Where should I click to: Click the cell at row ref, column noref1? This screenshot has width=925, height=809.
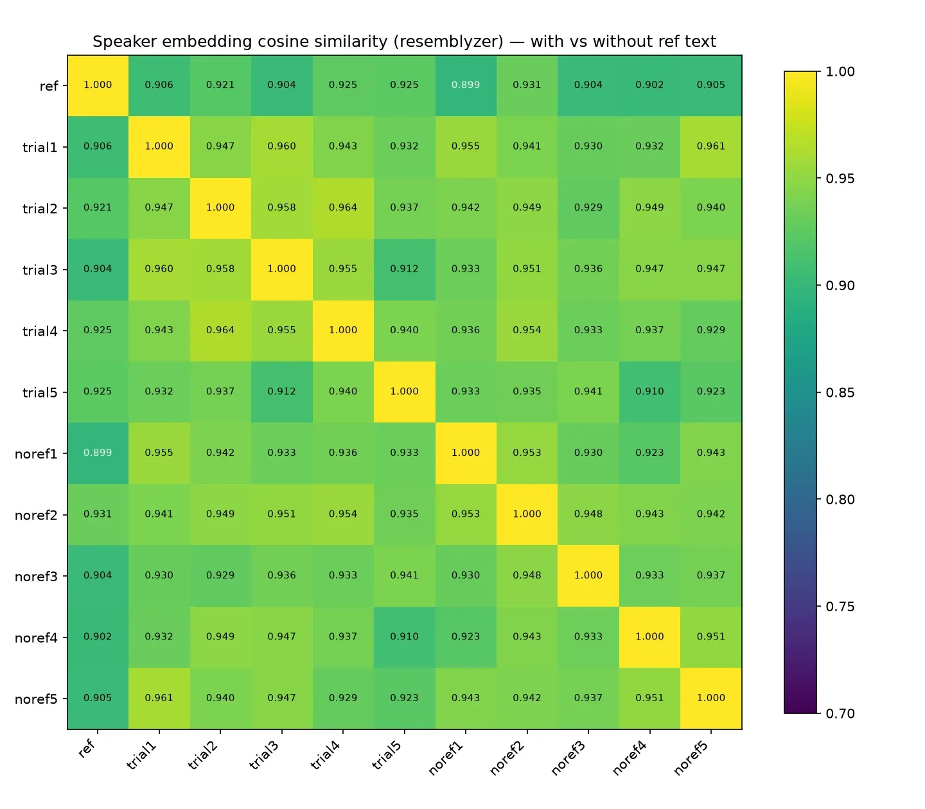[466, 85]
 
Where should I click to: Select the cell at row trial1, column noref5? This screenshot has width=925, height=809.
[710, 146]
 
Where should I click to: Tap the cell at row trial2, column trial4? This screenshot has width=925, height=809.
[343, 208]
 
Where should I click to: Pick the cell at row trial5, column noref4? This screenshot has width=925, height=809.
[649, 392]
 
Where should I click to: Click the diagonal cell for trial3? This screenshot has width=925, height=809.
[281, 269]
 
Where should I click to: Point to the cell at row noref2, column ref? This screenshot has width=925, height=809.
[98, 514]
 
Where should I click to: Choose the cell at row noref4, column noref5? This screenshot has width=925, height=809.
[710, 637]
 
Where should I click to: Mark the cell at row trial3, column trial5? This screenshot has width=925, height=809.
[405, 269]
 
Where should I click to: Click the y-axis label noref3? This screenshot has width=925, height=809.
[36, 576]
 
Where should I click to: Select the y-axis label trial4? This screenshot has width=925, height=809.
[40, 331]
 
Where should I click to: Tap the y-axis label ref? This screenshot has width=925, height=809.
[49, 86]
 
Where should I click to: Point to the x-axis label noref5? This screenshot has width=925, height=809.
[691, 758]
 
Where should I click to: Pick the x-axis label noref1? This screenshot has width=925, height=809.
[446, 758]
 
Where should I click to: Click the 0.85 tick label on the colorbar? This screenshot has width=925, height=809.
[840, 392]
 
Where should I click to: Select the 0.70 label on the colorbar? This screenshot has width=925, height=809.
[840, 713]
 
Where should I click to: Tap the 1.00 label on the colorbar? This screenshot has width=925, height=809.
[840, 71]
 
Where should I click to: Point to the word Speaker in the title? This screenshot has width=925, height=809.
[125, 42]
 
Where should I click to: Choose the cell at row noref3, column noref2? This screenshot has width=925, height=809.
[527, 575]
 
